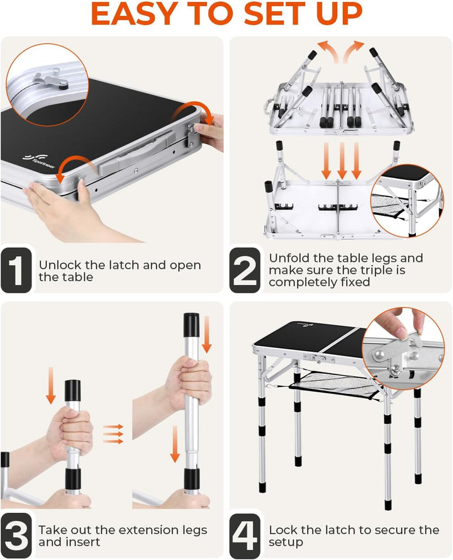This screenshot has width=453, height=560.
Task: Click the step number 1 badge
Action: click(16, 270)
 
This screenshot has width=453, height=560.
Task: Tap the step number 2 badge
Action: click(245, 270)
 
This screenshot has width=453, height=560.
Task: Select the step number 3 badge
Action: click(16, 535)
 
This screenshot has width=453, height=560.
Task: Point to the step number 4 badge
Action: click(245, 535)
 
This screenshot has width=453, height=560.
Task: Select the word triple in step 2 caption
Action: click(376, 271)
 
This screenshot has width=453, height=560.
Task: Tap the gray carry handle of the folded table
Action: click(137, 152)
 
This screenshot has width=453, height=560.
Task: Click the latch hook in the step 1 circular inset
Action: click(52, 80)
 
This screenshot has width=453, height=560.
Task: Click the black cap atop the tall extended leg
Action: click(191, 325)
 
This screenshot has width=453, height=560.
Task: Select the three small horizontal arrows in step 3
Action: click(113, 434)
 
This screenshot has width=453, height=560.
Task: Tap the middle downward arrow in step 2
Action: click(342, 160)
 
